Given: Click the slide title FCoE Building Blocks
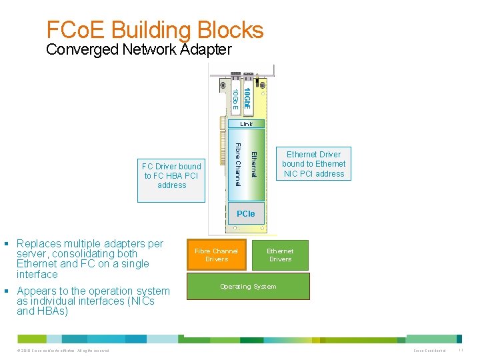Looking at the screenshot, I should coord(155,29).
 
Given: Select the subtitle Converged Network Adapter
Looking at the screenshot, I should coord(139,49).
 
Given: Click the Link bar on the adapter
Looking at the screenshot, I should coord(246,124).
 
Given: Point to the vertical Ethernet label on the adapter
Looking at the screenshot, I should coord(253,164).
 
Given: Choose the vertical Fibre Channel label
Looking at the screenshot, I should coord(238,164).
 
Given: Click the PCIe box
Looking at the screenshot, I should coord(245,214).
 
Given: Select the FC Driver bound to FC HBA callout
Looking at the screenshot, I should coord(171,176).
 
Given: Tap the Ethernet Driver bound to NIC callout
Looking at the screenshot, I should coord(313,164).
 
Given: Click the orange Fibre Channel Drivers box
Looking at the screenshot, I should coord(216,255).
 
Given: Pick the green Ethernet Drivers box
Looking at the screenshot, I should coord(280,255).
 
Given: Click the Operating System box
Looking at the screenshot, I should coord(248,287).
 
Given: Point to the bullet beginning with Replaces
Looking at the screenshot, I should coord(89,259).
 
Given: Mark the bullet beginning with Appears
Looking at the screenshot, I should coord(93,301).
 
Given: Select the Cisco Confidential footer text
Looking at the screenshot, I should coord(430,351).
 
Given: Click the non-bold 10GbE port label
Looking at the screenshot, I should coord(235,99).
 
